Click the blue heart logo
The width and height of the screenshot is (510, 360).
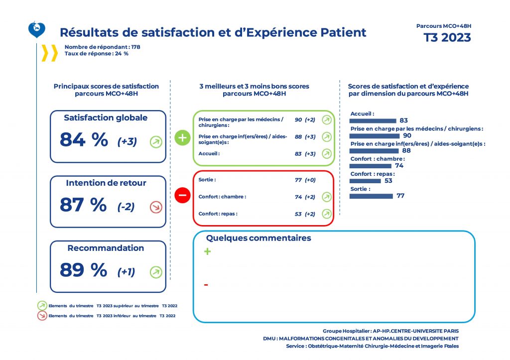37,30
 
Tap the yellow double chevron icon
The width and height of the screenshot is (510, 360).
49,53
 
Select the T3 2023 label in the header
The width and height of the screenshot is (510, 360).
447,38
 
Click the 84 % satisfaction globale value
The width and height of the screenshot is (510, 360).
84,140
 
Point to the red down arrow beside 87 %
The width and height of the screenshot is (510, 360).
156,207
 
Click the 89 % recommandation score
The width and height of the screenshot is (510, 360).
83,270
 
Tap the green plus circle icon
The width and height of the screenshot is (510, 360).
183,138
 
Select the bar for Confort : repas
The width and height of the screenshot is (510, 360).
365,181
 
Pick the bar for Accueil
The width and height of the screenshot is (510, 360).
373,120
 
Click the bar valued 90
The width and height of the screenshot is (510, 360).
375,135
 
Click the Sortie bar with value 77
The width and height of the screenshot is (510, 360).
372,196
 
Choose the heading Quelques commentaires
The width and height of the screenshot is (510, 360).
258,238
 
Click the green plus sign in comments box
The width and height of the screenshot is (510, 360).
208,252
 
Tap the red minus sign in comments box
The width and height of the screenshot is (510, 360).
206,285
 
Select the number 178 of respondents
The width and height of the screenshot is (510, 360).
135,47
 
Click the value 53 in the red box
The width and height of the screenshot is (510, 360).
298,214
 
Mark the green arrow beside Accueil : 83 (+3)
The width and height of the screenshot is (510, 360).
326,153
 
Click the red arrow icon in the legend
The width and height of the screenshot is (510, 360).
42,315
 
